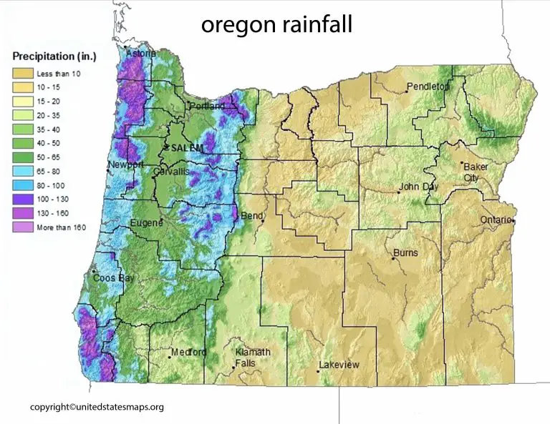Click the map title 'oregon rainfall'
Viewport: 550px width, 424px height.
276,25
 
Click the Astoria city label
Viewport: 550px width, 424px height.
141,54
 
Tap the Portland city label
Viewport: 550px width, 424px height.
208,107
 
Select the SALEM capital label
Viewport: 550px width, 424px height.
185,147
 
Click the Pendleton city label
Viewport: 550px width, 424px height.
428,87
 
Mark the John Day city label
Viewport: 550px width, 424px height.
419,188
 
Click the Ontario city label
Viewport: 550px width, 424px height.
496,219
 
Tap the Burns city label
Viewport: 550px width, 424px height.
405,252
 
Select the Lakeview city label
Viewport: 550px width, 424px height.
339,365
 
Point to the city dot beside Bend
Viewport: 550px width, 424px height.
263,221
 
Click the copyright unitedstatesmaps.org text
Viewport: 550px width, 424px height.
97,407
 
